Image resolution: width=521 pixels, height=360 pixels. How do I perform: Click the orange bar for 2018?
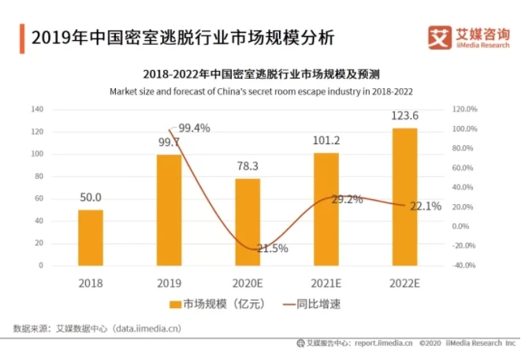point(91,237)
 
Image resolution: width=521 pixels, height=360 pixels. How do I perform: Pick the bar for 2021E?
point(326,209)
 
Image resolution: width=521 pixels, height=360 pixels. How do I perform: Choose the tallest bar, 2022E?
point(404,196)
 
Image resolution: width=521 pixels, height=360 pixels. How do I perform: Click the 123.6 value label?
point(404,116)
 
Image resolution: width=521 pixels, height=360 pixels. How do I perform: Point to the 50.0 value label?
point(91,197)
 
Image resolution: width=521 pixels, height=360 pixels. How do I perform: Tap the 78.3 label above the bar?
point(247,166)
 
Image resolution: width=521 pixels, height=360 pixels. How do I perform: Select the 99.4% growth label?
point(194,128)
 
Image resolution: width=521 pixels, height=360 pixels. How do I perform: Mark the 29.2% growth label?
point(347,199)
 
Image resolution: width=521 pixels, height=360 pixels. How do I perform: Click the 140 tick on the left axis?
point(36,109)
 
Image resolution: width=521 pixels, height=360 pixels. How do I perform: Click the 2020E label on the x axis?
point(247,280)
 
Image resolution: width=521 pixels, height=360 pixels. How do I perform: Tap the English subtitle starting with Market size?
point(261,91)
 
